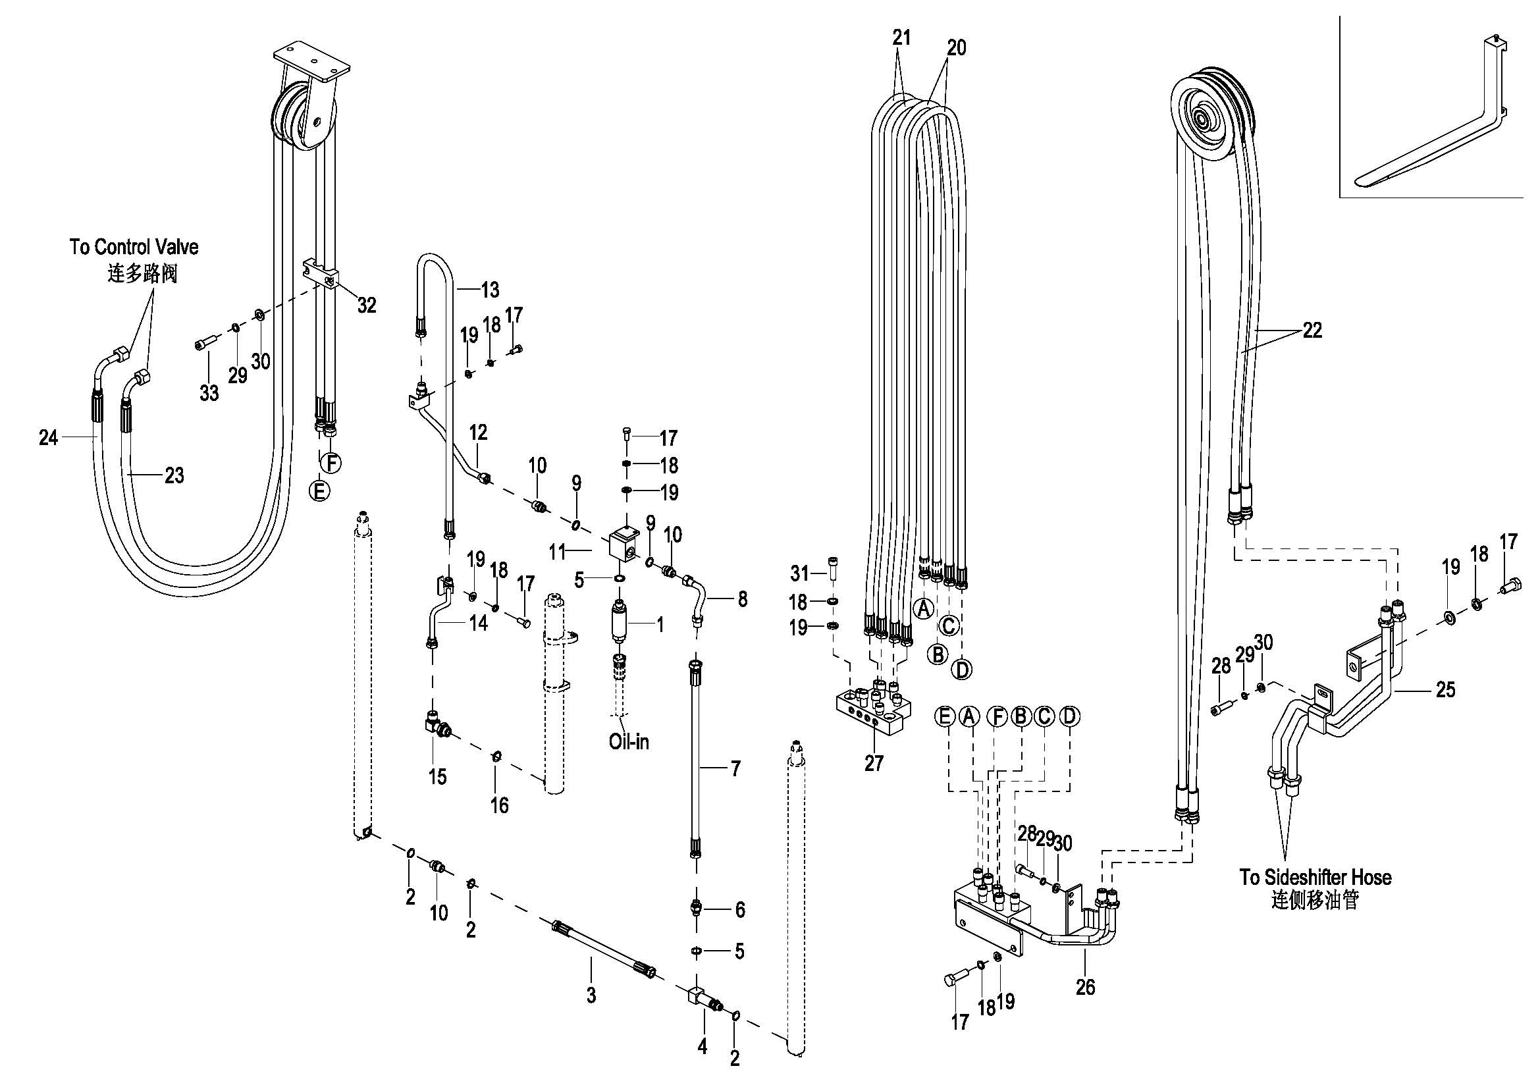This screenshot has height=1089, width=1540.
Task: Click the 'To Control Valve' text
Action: [134, 247]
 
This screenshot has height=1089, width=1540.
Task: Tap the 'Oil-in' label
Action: [629, 741]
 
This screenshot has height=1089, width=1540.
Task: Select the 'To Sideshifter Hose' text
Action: [1315, 877]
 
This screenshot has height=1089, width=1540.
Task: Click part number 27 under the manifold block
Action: [874, 763]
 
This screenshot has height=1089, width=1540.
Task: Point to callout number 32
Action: [366, 305]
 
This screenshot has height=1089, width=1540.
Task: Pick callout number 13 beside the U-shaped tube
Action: [490, 290]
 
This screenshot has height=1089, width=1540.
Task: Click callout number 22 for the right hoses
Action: [1312, 330]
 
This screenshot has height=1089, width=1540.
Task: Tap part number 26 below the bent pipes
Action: [1085, 987]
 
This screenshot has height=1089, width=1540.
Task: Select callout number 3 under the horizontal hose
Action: [591, 996]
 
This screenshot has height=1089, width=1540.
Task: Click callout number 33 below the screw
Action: [209, 393]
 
